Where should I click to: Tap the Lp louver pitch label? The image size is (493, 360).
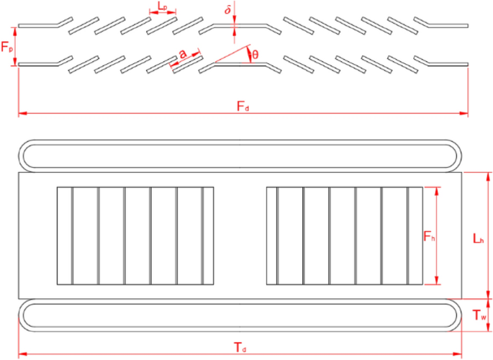162,7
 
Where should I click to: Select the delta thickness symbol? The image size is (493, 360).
228,12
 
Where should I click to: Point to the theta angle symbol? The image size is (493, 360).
254,54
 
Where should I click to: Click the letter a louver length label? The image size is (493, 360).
184,54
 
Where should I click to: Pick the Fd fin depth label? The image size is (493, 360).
243,107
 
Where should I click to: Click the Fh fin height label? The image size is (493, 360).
428,236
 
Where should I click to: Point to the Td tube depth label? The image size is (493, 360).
241,348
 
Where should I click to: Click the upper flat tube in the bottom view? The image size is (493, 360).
241,154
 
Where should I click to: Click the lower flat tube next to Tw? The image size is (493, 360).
241,315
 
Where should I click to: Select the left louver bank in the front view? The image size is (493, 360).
135,235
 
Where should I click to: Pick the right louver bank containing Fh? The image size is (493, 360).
344,235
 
